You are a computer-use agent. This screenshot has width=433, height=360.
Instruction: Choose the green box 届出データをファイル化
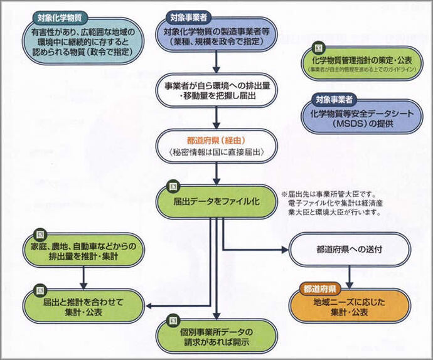(216, 201)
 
